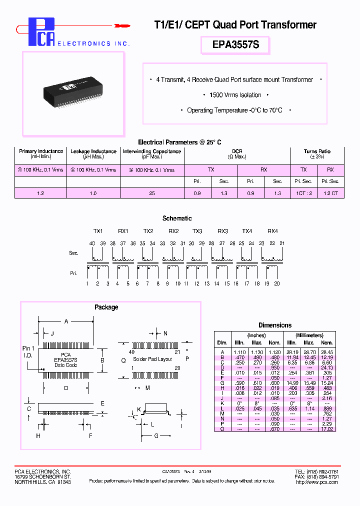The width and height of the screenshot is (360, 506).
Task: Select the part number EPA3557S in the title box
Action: click(235, 45)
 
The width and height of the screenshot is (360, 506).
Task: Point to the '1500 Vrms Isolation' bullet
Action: click(235, 95)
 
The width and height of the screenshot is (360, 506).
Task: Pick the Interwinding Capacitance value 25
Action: click(152, 193)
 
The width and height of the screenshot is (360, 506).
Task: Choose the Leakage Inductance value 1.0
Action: click(93, 193)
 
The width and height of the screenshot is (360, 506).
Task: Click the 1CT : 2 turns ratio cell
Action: click(303, 193)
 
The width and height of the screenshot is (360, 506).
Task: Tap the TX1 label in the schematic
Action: click(98, 231)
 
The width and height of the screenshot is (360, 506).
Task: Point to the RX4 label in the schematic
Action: click(272, 231)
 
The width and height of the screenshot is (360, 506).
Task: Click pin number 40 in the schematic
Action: click(92, 243)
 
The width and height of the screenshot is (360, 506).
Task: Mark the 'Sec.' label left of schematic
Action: click(73, 253)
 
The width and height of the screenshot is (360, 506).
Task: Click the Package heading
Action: click(106, 307)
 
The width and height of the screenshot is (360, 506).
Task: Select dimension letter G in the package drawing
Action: click(156, 435)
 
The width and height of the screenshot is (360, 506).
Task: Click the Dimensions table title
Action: click(275, 325)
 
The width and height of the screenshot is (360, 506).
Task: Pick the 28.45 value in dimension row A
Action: click(327, 352)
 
